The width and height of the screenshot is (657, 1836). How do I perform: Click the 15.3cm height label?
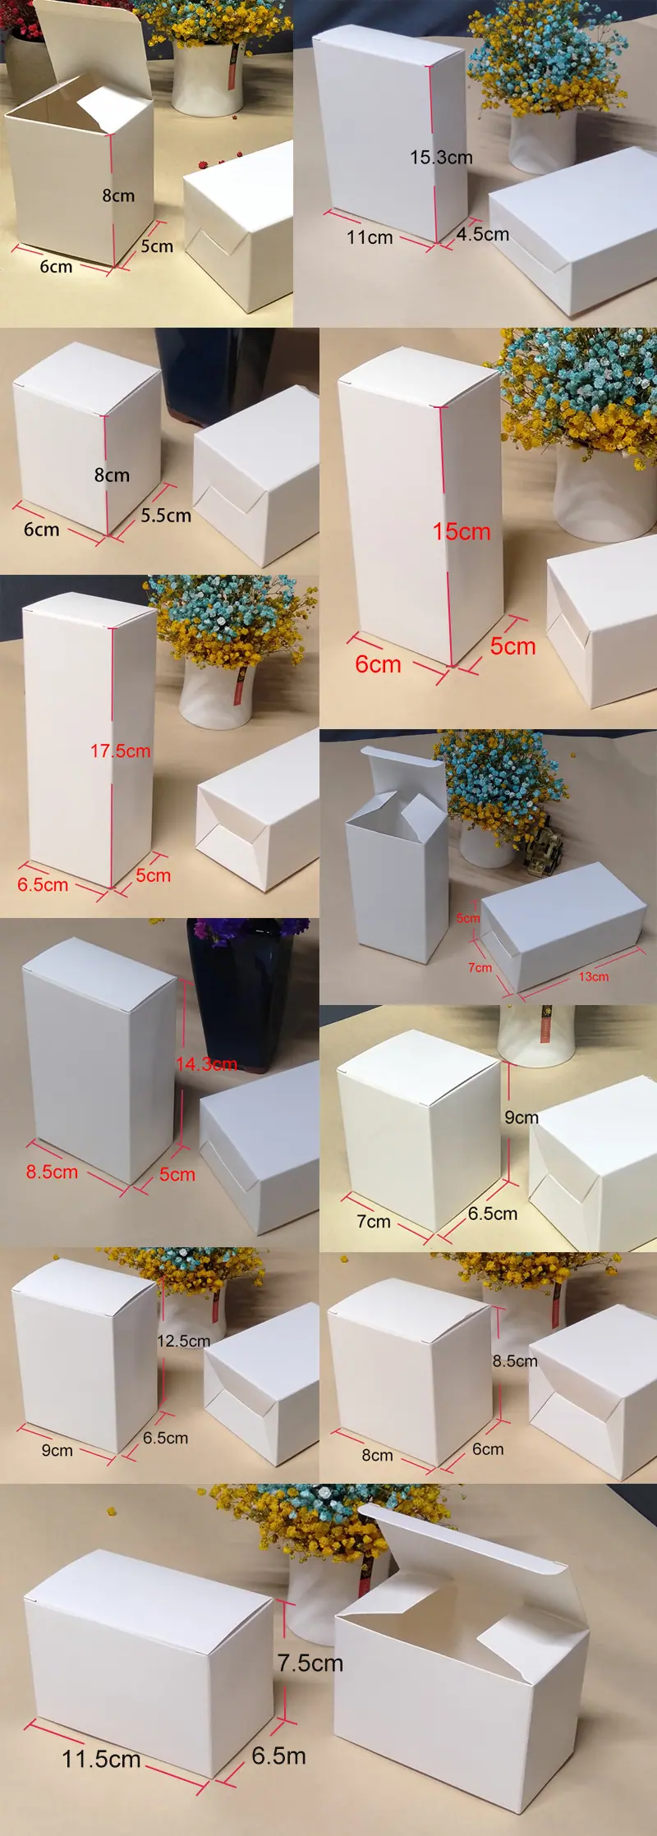click(441, 157)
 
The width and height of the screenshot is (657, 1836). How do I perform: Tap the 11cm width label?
click(370, 237)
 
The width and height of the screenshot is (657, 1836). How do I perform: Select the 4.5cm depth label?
click(483, 234)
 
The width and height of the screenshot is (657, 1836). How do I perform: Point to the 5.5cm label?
click(166, 516)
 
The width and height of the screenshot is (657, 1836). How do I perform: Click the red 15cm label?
click(462, 532)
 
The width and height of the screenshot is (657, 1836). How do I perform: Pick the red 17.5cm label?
click(121, 750)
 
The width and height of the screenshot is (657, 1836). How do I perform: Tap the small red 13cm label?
click(594, 976)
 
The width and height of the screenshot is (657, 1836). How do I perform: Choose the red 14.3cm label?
click(206, 1064)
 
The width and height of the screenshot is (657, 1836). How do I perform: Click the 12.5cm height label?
click(183, 1341)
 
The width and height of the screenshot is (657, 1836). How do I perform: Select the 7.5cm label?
click(310, 1663)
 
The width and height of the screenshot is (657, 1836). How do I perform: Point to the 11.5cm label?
click(102, 1759)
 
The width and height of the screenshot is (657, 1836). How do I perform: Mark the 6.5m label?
click(278, 1756)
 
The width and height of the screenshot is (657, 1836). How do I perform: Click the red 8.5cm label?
click(52, 1172)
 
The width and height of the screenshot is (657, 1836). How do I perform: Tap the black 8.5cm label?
click(515, 1361)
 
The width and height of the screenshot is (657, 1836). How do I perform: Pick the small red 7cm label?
click(480, 967)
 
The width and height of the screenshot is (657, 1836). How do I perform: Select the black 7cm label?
click(374, 1221)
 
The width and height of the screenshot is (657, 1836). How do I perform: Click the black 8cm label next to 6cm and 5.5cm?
click(112, 475)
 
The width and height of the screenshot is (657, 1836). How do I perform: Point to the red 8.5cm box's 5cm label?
click(177, 1174)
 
